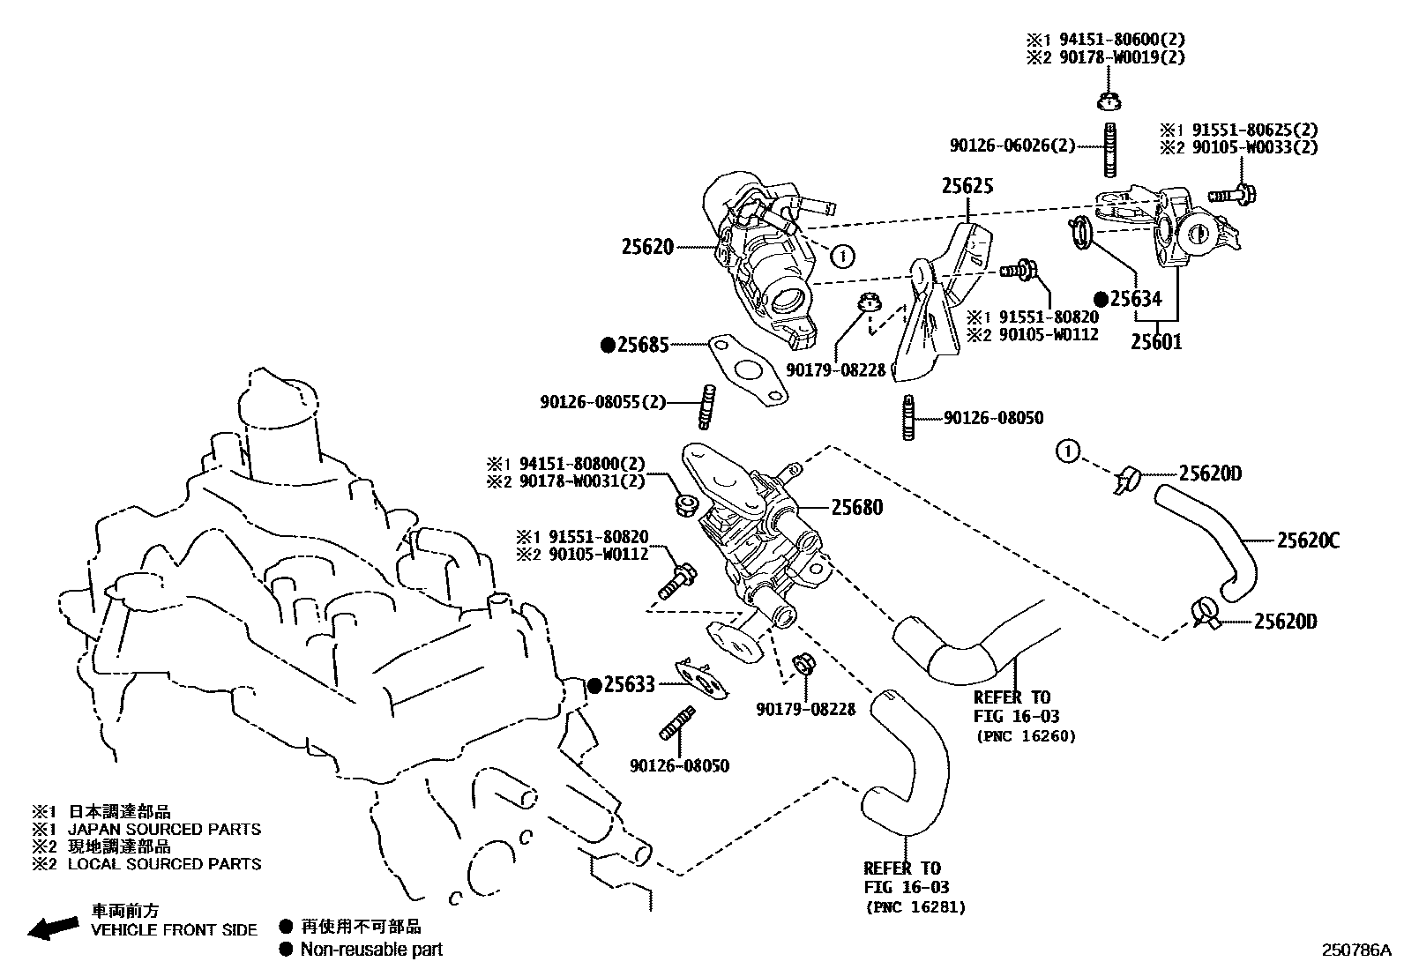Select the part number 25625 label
pyautogui.click(x=967, y=186)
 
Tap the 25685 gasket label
pyautogui.click(x=643, y=346)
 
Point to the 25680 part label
pyautogui.click(x=856, y=507)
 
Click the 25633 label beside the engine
pyautogui.click(x=630, y=684)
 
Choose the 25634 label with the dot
pyautogui.click(x=1136, y=299)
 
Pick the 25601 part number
pyautogui.click(x=1156, y=342)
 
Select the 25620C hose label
pyautogui.click(x=1308, y=540)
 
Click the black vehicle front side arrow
pyautogui.click(x=51, y=928)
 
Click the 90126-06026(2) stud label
pyautogui.click(x=1012, y=145)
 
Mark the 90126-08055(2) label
pyautogui.click(x=602, y=402)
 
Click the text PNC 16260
pyautogui.click(x=1025, y=736)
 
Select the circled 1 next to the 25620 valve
pyautogui.click(x=843, y=257)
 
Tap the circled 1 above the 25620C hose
pyautogui.click(x=1067, y=452)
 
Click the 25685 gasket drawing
pyautogui.click(x=746, y=370)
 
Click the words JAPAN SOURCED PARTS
pyautogui.click(x=164, y=829)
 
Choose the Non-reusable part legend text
pyautogui.click(x=371, y=950)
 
